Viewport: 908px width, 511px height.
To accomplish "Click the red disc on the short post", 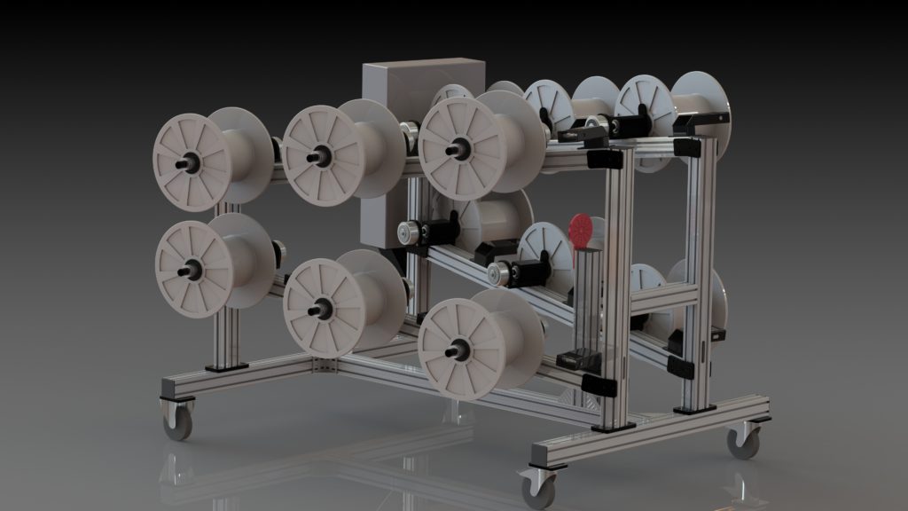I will (580, 228).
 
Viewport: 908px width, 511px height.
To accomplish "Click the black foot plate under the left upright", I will (227, 365).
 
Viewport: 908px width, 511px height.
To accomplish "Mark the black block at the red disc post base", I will (576, 359).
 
